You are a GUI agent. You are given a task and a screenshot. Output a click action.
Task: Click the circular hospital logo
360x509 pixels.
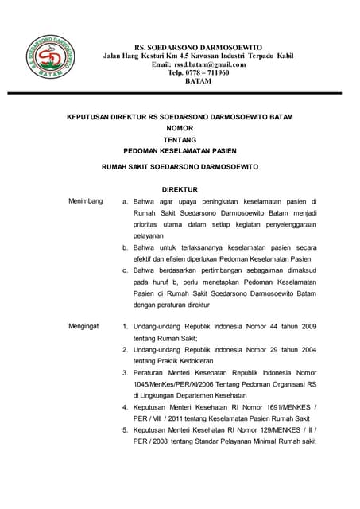pyautogui.click(x=51, y=60)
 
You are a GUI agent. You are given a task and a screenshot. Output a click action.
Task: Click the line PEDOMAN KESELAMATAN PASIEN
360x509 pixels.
pyautogui.click(x=180, y=150)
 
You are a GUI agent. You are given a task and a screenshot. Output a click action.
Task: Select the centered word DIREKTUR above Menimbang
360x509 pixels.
pyautogui.click(x=180, y=191)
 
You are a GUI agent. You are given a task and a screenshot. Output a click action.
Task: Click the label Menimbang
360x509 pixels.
pyautogui.click(x=85, y=202)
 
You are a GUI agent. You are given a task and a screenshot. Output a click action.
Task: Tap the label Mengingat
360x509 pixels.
pyautogui.click(x=84, y=326)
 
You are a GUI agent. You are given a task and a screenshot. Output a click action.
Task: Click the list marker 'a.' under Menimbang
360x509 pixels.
pyautogui.click(x=125, y=202)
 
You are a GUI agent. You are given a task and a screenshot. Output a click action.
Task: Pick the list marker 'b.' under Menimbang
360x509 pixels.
pyautogui.click(x=125, y=248)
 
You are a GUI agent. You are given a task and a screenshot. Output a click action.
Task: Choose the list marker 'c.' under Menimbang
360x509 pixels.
pyautogui.click(x=125, y=271)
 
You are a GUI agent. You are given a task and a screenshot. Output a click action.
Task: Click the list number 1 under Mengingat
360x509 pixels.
pyautogui.click(x=125, y=326)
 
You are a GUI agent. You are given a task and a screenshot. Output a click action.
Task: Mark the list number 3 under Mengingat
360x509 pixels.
pyautogui.click(x=125, y=372)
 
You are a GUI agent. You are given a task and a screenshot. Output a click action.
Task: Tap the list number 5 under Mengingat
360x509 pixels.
pyautogui.click(x=125, y=430)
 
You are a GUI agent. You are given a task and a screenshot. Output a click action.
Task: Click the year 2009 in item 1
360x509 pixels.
pyautogui.click(x=304, y=326)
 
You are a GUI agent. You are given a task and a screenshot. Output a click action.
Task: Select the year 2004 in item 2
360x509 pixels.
pyautogui.click(x=304, y=349)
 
